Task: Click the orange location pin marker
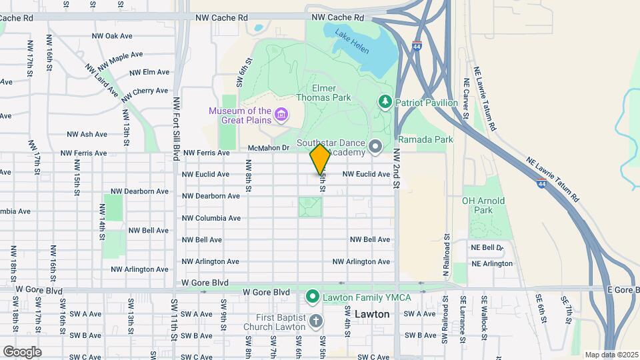point(320,159)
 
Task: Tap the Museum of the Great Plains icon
point(281,115)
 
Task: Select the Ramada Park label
point(425,139)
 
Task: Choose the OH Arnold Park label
point(483,205)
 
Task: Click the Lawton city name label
point(372,313)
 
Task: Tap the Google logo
point(22,351)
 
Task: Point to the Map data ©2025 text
point(611,355)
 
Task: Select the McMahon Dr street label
point(267,147)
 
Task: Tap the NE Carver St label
point(466,99)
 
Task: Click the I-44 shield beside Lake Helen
point(417,47)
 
